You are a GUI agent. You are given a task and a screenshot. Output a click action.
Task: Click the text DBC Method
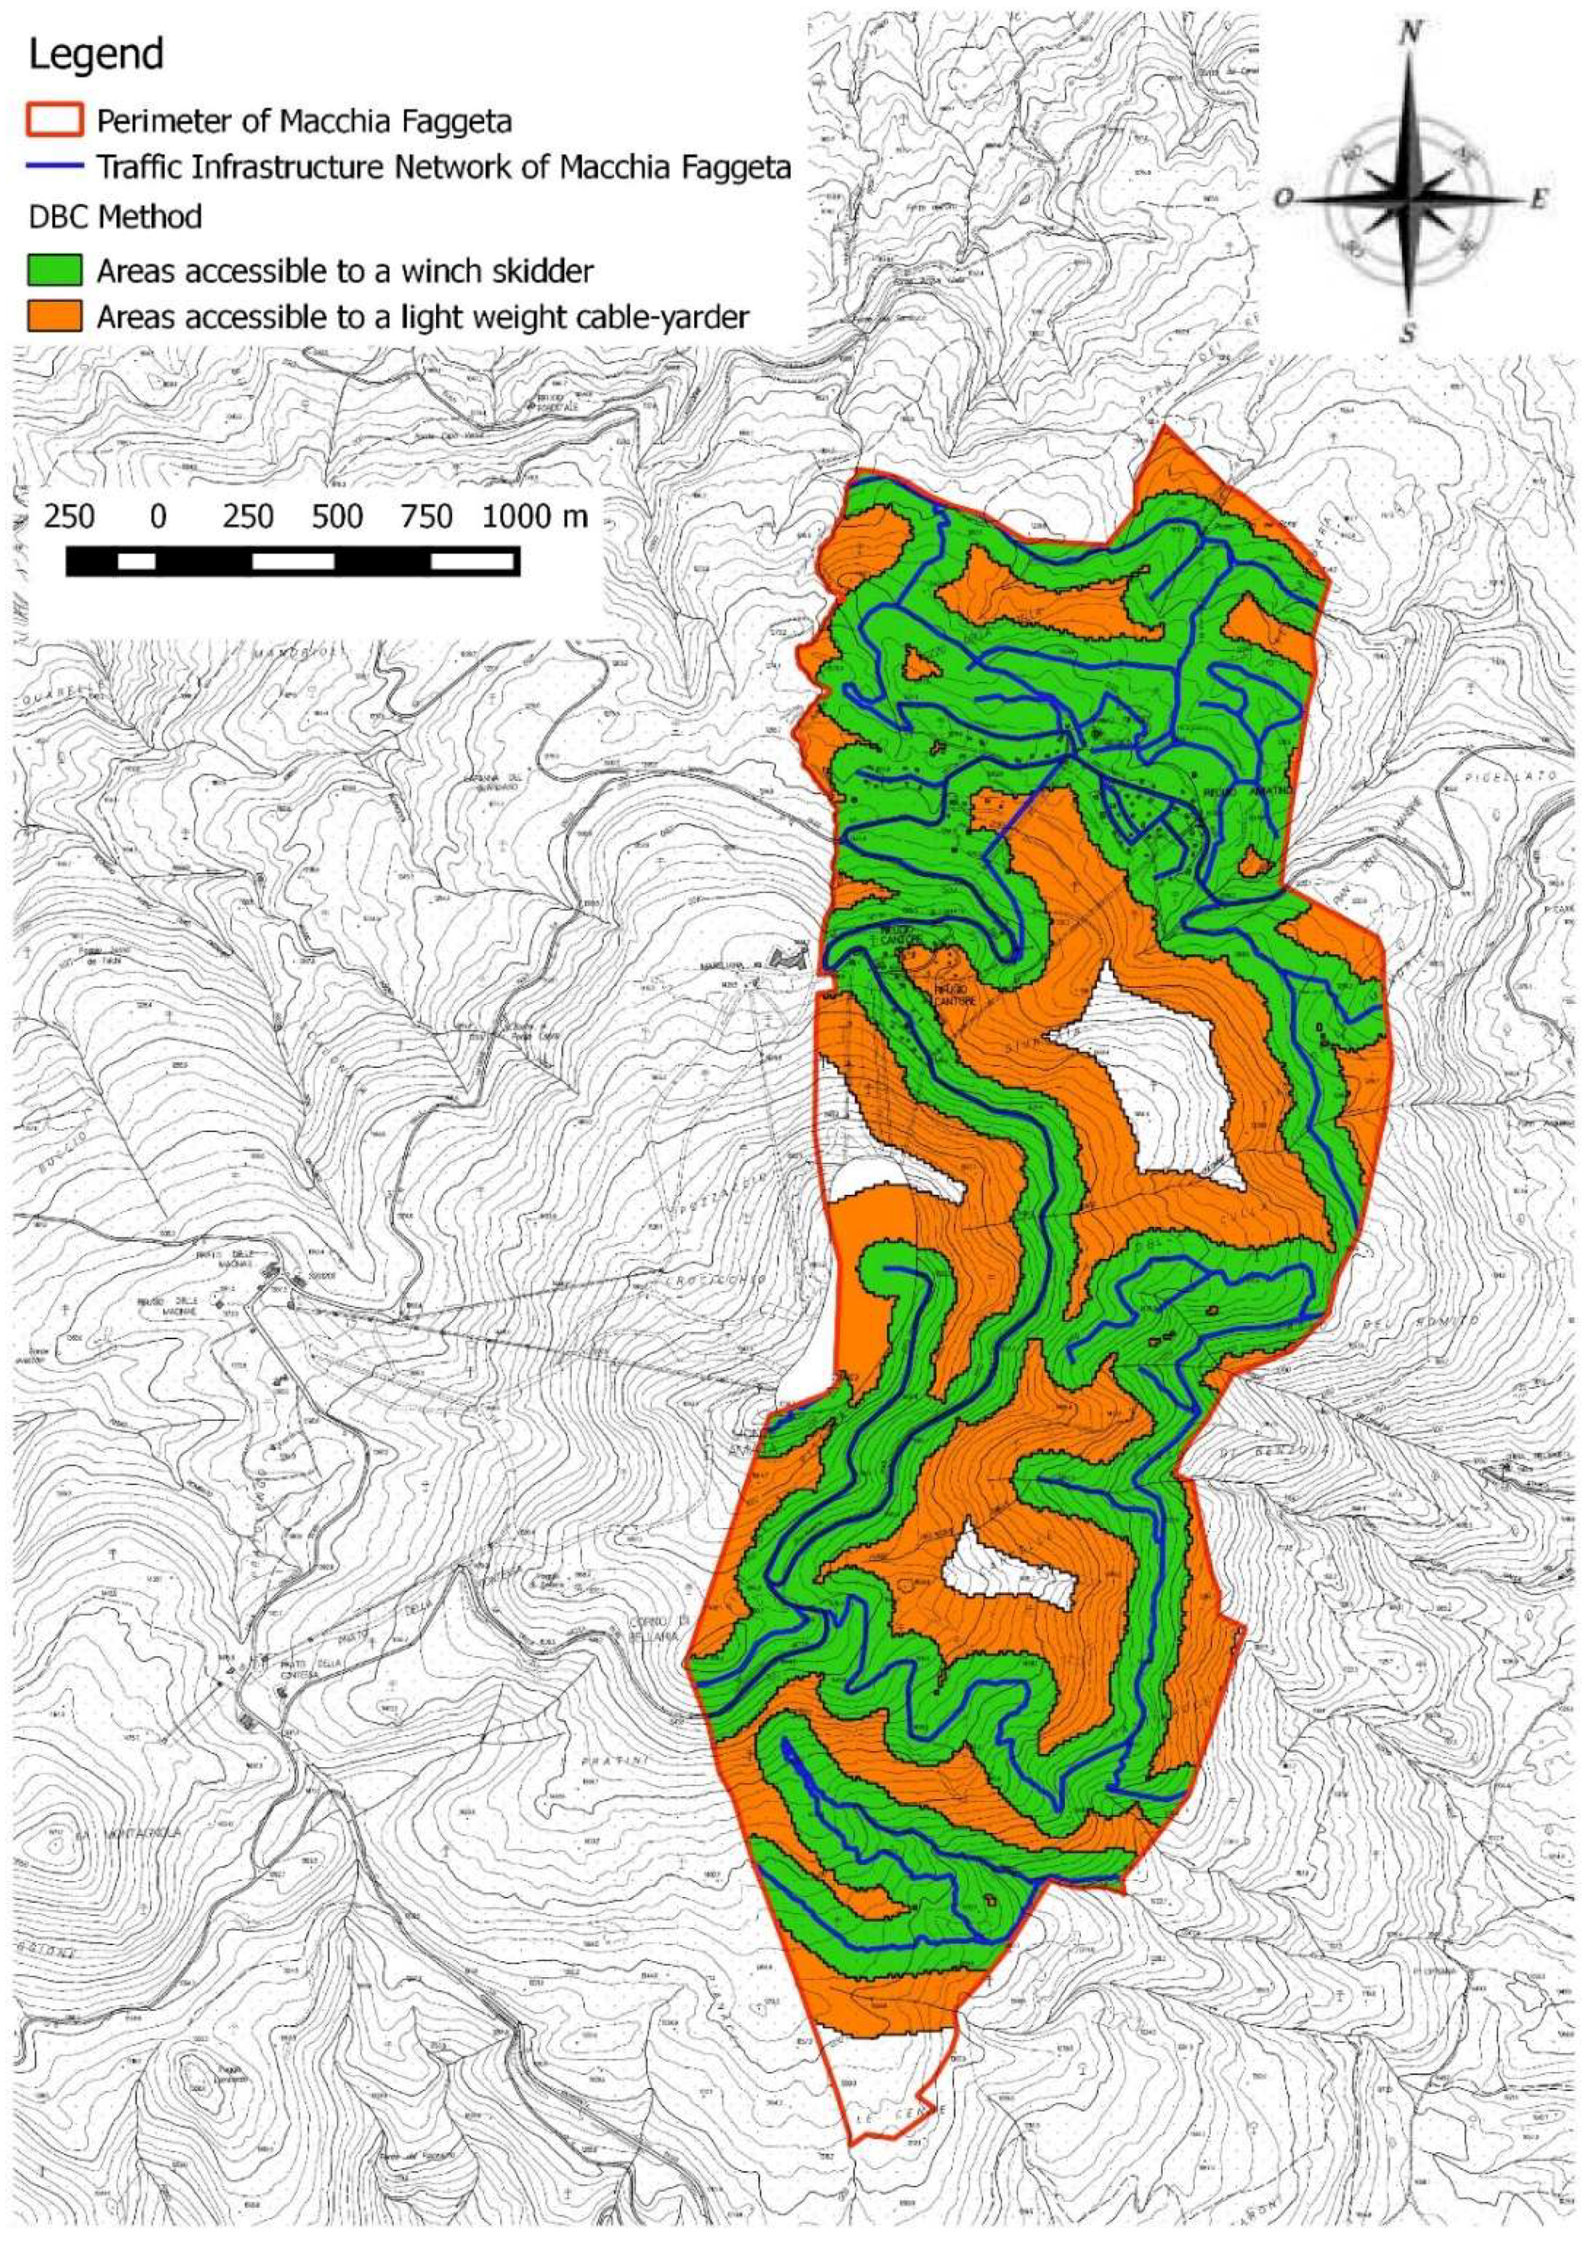pyautogui.click(x=115, y=216)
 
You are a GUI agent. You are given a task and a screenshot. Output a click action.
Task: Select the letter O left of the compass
pyautogui.click(x=1282, y=199)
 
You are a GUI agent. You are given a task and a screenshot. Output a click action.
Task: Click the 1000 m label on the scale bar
pyautogui.click(x=534, y=516)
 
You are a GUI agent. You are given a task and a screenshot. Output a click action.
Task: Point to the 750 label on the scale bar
pyautogui.click(x=428, y=516)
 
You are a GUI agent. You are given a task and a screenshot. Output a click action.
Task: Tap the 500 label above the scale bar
pyautogui.click(x=337, y=516)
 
